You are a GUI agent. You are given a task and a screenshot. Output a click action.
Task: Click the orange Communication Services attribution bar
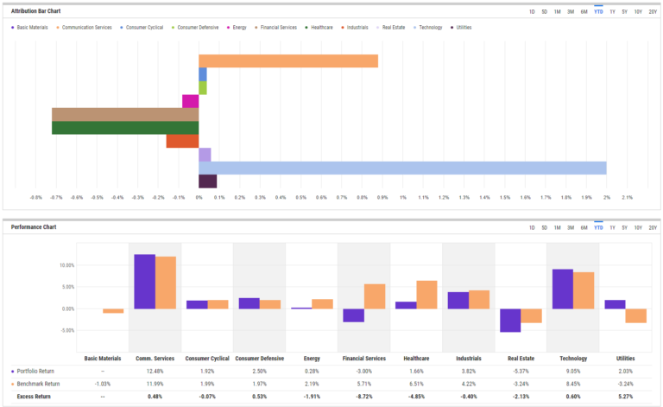(x=288, y=60)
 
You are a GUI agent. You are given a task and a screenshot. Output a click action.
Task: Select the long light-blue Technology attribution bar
(x=402, y=168)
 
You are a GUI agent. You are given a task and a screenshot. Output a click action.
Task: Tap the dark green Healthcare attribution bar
(x=125, y=128)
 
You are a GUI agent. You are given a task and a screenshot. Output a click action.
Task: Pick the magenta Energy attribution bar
(x=190, y=101)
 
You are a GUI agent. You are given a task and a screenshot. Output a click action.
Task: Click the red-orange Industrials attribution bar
(x=182, y=141)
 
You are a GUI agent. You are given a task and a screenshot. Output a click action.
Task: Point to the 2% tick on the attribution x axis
(x=606, y=197)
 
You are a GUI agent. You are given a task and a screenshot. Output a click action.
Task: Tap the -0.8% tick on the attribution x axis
(x=35, y=197)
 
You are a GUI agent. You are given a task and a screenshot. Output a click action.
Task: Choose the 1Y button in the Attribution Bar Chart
(x=612, y=11)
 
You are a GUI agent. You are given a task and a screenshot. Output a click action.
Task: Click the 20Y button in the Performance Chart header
(x=652, y=228)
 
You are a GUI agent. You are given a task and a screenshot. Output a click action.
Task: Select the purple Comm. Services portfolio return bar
(x=144, y=282)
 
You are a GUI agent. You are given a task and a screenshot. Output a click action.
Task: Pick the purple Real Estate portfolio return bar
(x=510, y=320)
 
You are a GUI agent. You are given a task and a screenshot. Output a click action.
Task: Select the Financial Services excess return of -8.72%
(x=363, y=397)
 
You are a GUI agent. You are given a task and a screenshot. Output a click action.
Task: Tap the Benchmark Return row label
(x=40, y=384)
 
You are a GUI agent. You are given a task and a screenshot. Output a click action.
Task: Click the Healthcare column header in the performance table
(x=416, y=358)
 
